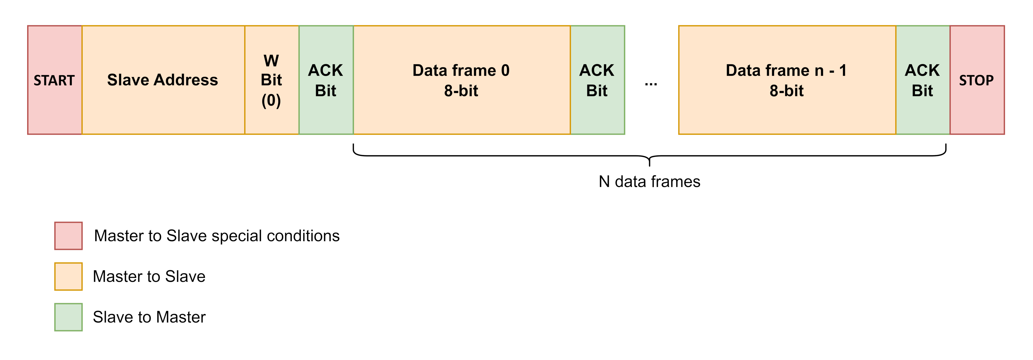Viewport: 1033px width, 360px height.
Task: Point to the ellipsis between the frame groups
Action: [x=651, y=84]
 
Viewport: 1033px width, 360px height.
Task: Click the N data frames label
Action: [x=649, y=182]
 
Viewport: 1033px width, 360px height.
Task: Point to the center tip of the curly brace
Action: [x=649, y=163]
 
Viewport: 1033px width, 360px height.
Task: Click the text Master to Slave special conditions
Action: [x=216, y=236]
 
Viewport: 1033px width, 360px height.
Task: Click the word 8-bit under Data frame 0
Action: [x=461, y=91]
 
